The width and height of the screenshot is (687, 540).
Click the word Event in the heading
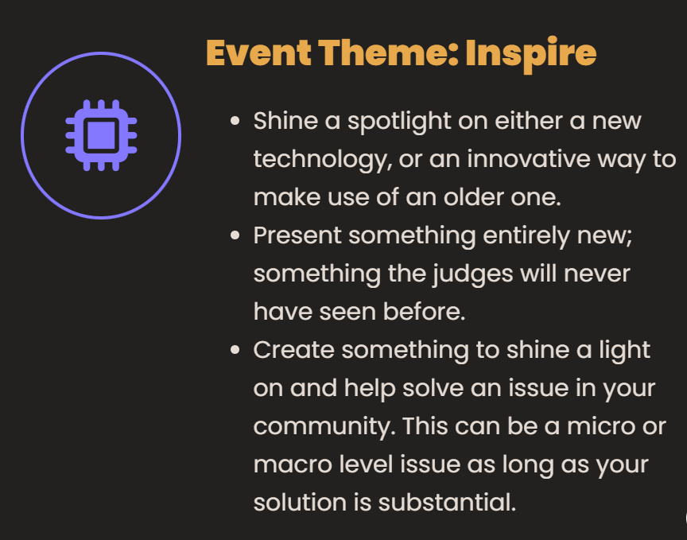(258, 53)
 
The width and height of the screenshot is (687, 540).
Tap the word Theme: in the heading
(388, 53)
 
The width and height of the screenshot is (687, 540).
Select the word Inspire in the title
(531, 55)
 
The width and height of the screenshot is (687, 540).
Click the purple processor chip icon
(101, 135)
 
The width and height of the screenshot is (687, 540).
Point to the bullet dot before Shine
(235, 121)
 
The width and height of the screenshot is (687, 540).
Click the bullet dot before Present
(235, 235)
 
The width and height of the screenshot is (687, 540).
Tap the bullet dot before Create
(235, 350)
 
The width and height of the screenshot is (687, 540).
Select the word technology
(323, 160)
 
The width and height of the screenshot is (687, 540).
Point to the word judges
(473, 274)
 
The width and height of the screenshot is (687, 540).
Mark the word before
(424, 312)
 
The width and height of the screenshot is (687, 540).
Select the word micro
(601, 426)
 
